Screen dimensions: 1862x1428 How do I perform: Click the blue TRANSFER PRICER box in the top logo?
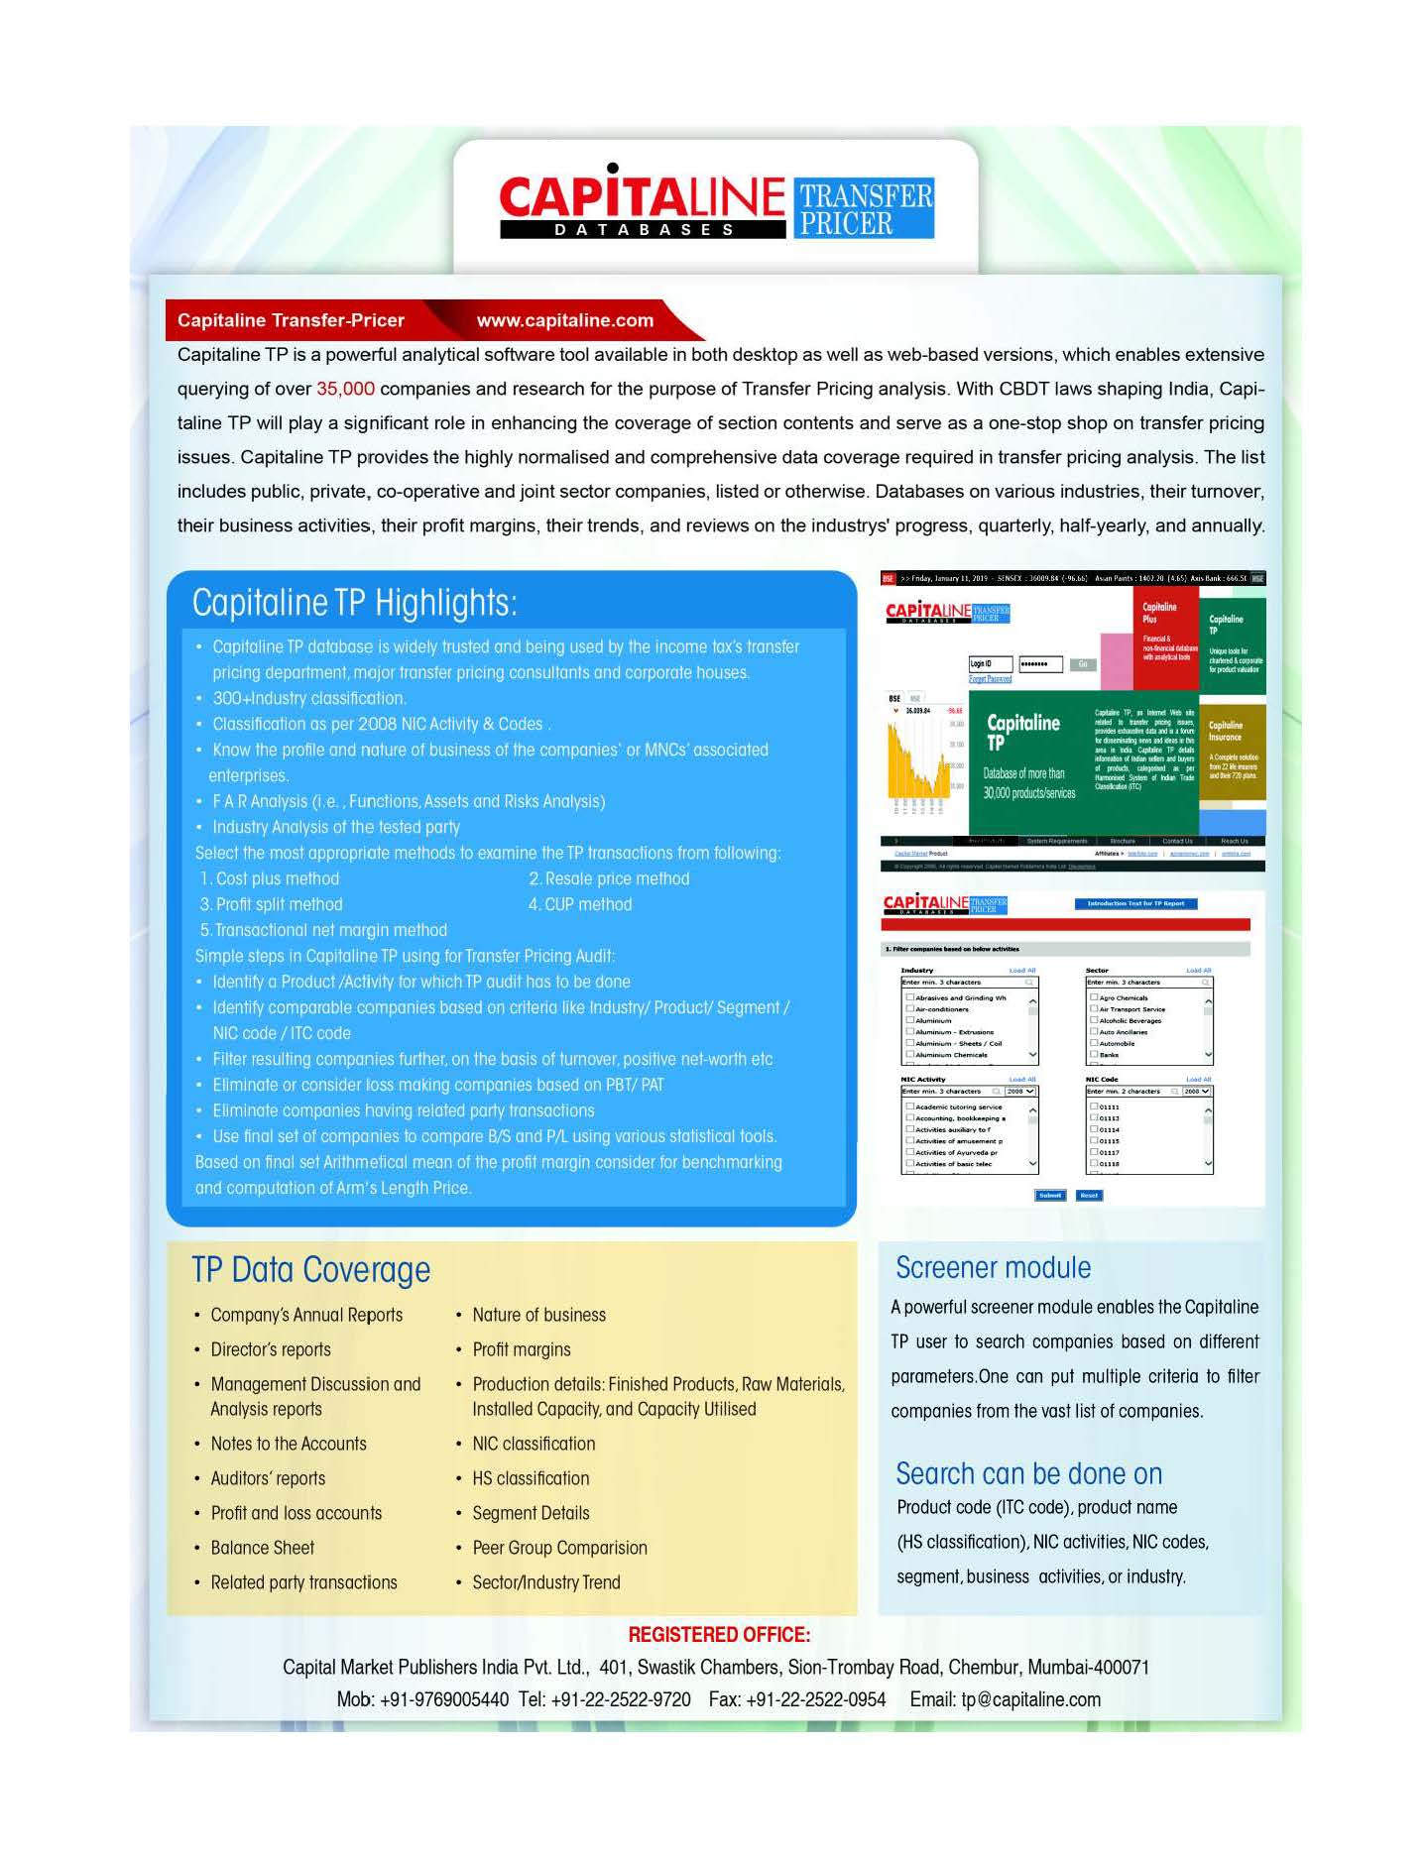(x=865, y=208)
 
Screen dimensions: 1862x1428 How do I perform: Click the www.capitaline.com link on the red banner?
(x=564, y=320)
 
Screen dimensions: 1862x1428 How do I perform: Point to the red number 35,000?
(x=345, y=389)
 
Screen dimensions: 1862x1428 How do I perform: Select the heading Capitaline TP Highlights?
(x=354, y=603)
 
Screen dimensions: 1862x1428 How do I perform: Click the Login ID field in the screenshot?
(x=990, y=663)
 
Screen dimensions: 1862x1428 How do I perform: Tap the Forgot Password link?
(x=990, y=679)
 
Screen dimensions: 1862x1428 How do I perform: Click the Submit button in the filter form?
(x=1049, y=1195)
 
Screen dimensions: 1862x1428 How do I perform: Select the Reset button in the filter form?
(x=1089, y=1195)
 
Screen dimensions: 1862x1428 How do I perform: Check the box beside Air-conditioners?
(x=910, y=1009)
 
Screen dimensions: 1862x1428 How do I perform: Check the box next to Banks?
(x=1094, y=1055)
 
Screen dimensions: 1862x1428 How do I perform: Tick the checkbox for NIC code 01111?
(x=1094, y=1106)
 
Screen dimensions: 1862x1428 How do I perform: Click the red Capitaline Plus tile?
(x=1165, y=635)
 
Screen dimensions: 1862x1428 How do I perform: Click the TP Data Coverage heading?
(x=310, y=1270)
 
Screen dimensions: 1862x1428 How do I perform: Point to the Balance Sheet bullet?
(x=262, y=1548)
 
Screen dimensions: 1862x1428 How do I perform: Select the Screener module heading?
(x=993, y=1268)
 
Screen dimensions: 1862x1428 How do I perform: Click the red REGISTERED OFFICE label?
(x=719, y=1635)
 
